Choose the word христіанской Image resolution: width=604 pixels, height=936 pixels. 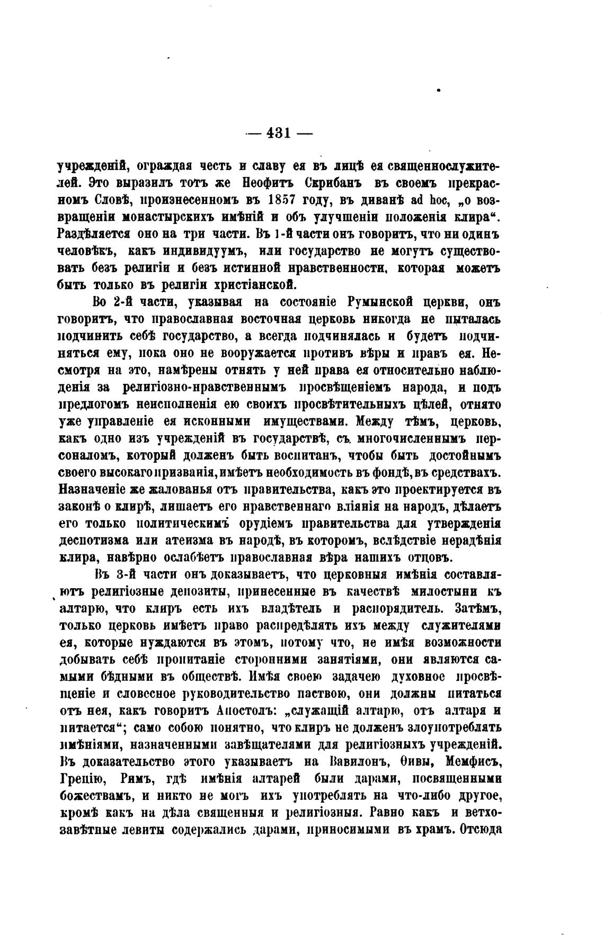247,285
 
